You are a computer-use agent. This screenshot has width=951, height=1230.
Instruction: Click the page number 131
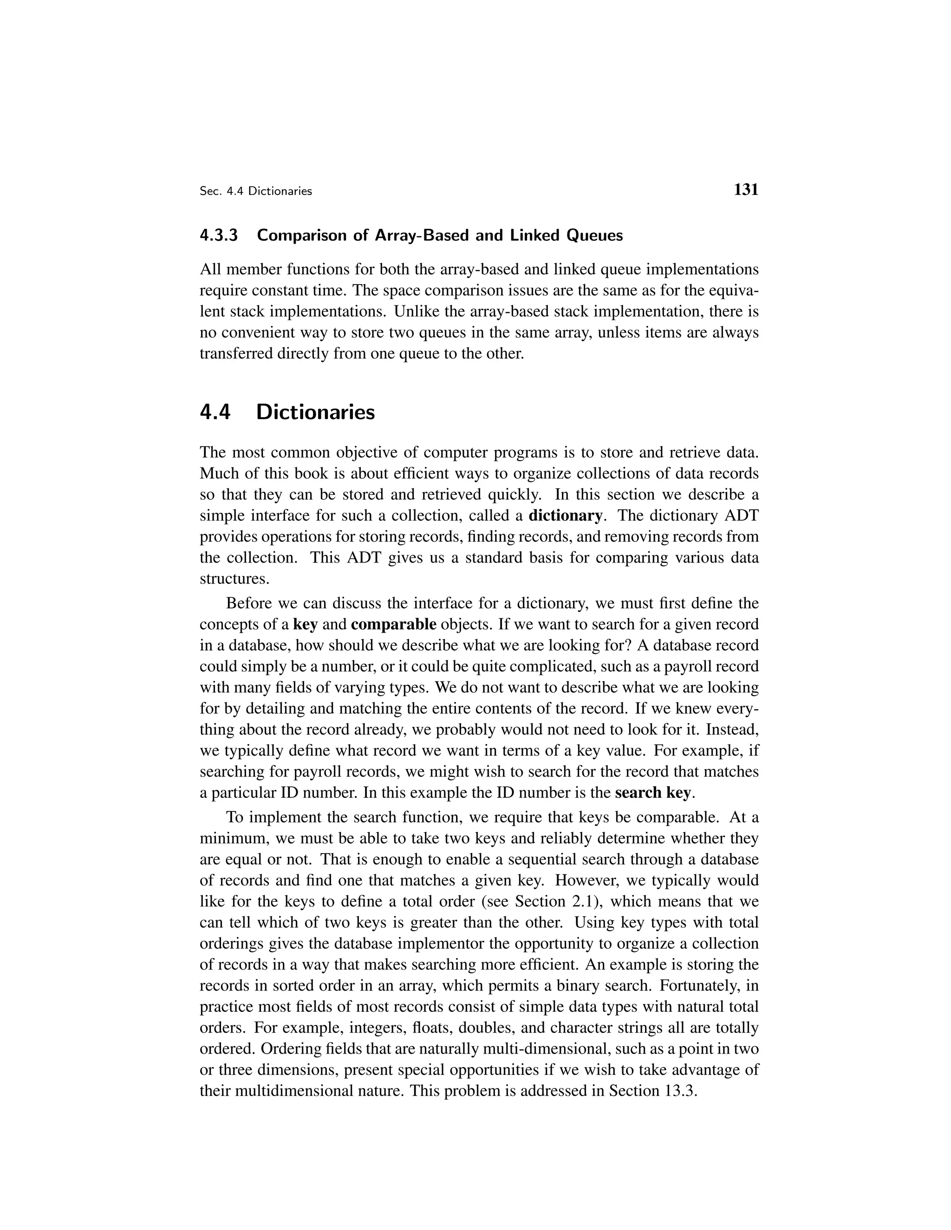click(x=746, y=190)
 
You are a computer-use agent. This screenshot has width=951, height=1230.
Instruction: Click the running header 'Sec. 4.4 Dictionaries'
click(x=256, y=192)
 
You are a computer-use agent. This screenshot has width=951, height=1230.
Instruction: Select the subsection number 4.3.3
click(x=219, y=235)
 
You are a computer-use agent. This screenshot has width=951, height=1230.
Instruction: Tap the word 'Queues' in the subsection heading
click(x=594, y=235)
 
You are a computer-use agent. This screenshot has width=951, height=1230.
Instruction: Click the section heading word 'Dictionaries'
click(x=315, y=412)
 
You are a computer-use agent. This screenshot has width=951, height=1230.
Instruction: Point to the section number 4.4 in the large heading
click(x=215, y=412)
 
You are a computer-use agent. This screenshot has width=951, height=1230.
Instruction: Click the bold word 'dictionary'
click(x=565, y=515)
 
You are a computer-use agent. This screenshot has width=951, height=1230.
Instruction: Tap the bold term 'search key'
click(x=652, y=793)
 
